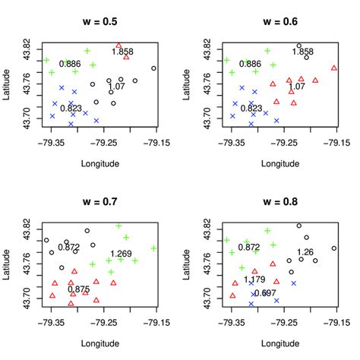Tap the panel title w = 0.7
[99, 201]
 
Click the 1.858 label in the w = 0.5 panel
[123, 52]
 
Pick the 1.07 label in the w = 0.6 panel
[297, 87]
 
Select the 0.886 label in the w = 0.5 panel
[69, 65]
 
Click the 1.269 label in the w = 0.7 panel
[121, 254]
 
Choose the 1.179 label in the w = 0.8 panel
[254, 280]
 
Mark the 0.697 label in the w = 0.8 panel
[265, 293]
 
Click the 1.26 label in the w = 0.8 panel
[305, 252]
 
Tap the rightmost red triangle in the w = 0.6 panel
[334, 68]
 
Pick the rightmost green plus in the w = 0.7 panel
[153, 248]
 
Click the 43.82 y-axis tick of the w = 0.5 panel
[27, 44]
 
